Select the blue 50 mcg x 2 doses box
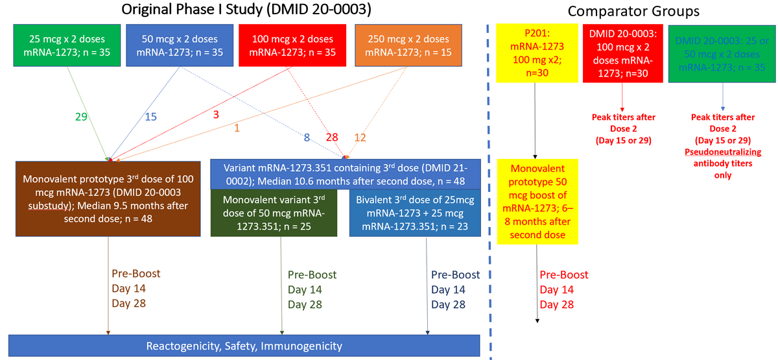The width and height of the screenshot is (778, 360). click(177, 45)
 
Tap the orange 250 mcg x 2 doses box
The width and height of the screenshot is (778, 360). click(408, 45)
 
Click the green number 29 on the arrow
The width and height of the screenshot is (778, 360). click(80, 117)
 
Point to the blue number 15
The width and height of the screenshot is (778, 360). click(150, 117)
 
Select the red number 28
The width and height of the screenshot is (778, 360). click(333, 137)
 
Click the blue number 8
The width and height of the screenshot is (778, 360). click(308, 137)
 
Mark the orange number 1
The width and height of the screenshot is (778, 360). click(237, 129)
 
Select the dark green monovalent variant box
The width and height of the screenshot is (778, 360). click(279, 212)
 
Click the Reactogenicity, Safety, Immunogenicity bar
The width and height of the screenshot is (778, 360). click(244, 346)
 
